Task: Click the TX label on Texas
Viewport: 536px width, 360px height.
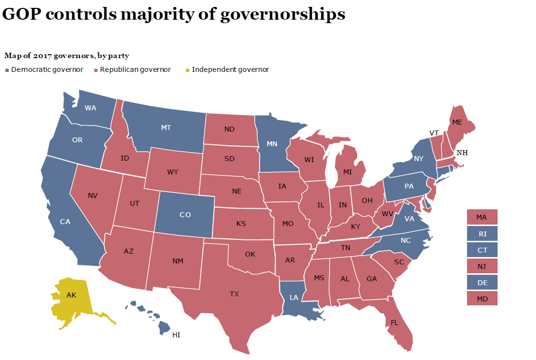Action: tap(234, 294)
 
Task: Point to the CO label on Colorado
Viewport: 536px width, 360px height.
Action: tap(185, 215)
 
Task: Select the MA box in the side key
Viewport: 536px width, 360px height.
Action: tap(482, 217)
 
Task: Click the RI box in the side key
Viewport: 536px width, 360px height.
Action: tap(482, 233)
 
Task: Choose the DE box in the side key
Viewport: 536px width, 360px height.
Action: tap(482, 282)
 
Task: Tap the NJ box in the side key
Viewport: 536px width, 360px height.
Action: tap(482, 266)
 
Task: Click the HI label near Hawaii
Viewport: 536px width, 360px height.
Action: tap(176, 335)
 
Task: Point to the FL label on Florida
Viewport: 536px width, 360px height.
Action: tap(394, 323)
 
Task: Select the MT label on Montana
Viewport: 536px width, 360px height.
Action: tap(166, 128)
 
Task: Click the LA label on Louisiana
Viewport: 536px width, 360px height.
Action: tap(294, 297)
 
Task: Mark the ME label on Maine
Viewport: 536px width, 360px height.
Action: tap(457, 122)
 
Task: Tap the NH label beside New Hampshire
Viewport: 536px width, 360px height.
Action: tap(462, 153)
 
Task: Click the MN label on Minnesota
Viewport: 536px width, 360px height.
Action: tap(272, 144)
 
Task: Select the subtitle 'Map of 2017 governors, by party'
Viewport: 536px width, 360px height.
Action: tap(67, 56)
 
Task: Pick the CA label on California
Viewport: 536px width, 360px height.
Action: tap(65, 222)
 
